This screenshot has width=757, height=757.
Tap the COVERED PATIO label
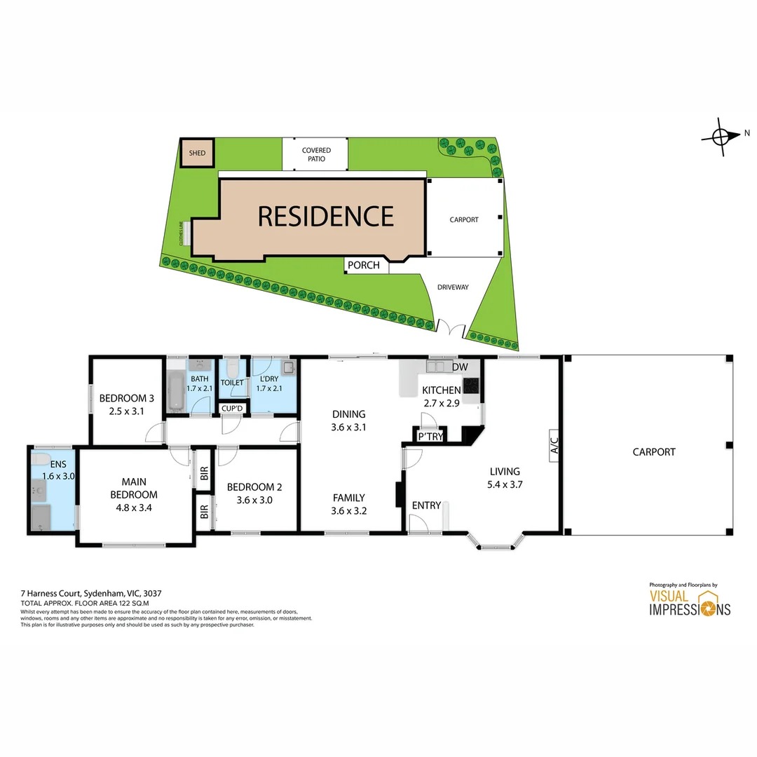316,154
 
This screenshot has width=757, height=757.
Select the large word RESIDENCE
326,217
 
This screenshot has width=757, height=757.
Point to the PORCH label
364,265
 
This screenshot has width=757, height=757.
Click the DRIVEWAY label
453,287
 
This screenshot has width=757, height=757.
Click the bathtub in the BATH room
175,392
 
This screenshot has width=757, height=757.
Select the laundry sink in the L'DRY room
287,367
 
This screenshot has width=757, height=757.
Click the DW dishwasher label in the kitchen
460,367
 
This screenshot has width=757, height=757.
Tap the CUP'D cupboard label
232,409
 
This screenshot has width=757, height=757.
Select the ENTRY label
425,505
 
